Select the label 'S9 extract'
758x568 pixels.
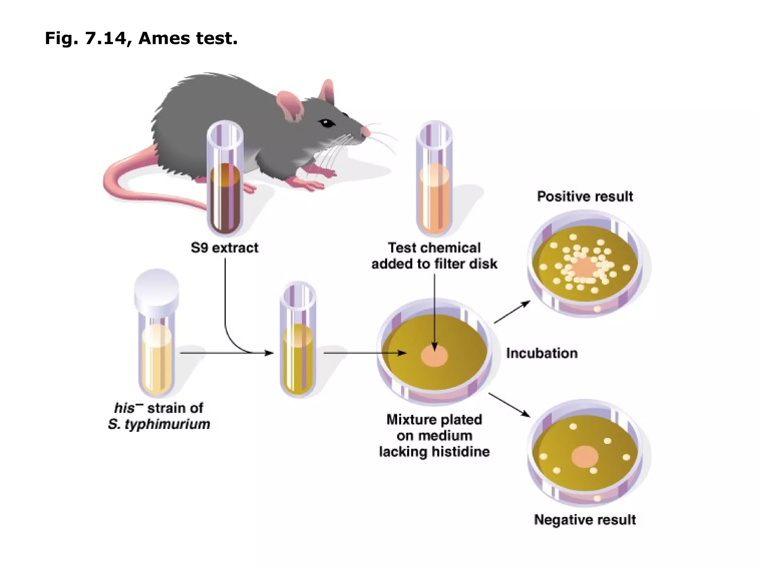click(x=225, y=248)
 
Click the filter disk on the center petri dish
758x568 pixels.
click(x=435, y=356)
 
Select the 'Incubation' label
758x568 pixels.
click(x=542, y=353)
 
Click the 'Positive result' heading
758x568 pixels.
click(x=585, y=196)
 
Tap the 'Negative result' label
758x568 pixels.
click(x=585, y=520)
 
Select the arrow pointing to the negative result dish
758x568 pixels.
click(x=510, y=405)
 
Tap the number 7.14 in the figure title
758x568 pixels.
click(x=105, y=38)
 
